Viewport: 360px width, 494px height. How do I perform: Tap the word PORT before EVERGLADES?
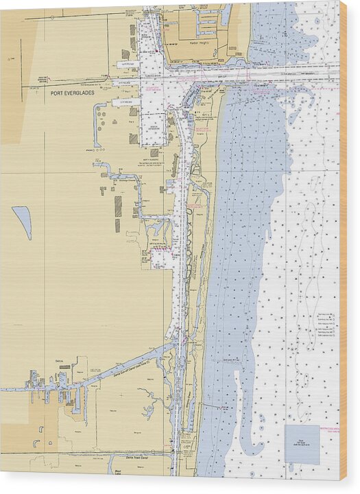(58, 93)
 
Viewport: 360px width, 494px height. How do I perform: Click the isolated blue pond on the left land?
(23, 220)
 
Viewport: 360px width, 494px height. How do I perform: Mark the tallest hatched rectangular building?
(118, 206)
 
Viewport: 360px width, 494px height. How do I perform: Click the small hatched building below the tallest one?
(117, 225)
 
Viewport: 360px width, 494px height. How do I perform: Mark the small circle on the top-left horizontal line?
(10, 60)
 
